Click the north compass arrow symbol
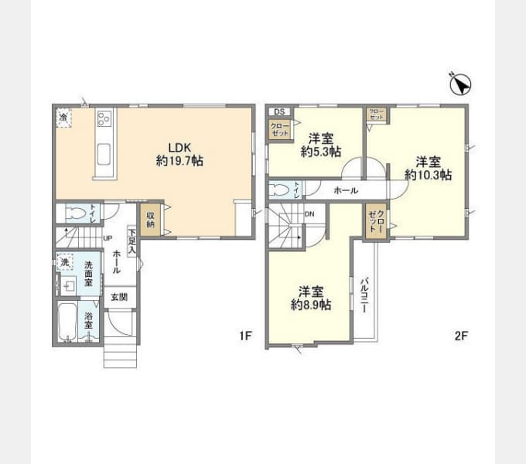459,82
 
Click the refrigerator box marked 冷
63,118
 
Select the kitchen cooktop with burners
104,120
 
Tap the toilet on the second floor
281,189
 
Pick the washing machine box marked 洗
65,263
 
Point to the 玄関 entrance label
118,297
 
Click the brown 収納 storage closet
149,218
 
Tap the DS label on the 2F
278,111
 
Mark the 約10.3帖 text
428,176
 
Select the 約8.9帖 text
311,305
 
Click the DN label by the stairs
309,213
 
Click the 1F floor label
245,336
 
